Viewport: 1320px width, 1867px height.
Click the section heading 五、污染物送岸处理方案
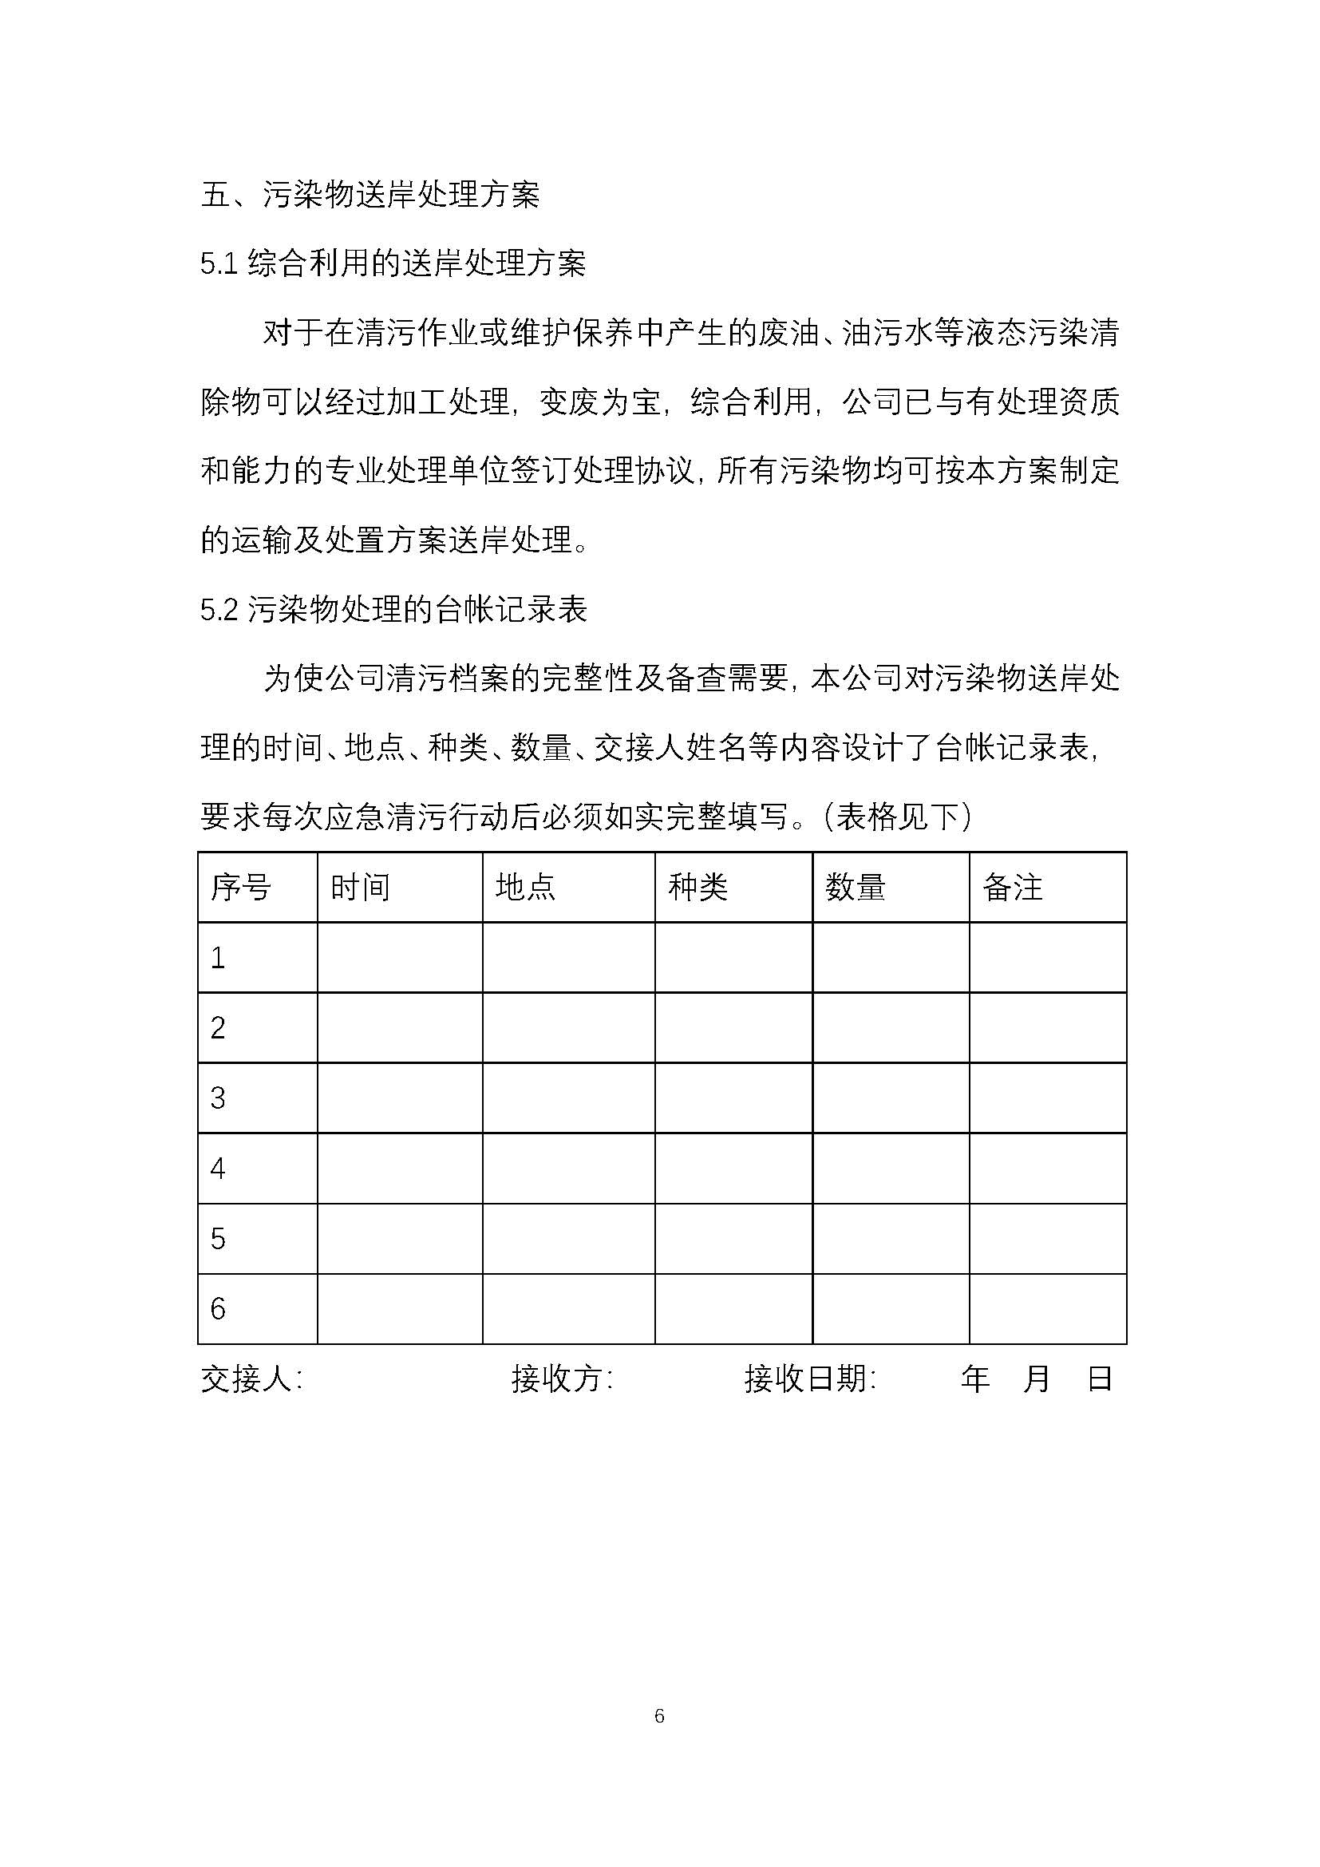[x=370, y=195]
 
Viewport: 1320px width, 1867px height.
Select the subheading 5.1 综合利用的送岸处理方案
[x=393, y=264]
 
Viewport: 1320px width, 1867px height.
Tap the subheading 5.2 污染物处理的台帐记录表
[x=393, y=610]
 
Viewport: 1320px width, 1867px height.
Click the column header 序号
[x=240, y=887]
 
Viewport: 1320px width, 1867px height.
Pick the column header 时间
[x=360, y=887]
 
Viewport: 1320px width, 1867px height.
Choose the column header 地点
[x=526, y=887]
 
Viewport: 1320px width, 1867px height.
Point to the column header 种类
[x=698, y=887]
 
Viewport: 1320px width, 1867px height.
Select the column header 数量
[x=855, y=887]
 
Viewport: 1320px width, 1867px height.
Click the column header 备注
[x=1013, y=887]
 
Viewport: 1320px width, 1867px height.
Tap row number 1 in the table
[x=218, y=958]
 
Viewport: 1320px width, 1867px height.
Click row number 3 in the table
[x=218, y=1098]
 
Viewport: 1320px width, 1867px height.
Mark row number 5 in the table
[x=218, y=1239]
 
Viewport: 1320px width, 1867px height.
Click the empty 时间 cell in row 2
[x=400, y=1028]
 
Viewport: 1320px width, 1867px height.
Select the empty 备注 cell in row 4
[x=1048, y=1169]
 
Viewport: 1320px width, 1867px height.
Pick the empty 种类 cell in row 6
[x=733, y=1308]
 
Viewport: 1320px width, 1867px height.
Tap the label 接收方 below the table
[x=562, y=1379]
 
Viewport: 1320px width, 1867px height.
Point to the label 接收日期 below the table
[x=809, y=1379]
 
